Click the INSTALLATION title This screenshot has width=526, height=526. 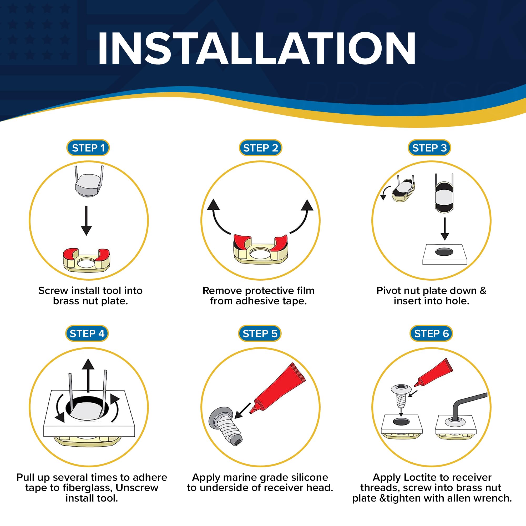[x=256, y=48]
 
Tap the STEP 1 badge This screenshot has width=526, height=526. [x=88, y=148]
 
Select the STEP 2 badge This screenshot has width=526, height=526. [x=261, y=148]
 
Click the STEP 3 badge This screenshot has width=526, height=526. [x=429, y=148]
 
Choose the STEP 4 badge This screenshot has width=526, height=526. [x=87, y=333]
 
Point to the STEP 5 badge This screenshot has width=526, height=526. [x=260, y=333]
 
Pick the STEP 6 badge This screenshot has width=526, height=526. [x=431, y=333]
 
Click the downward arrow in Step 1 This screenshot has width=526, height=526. [x=86, y=221]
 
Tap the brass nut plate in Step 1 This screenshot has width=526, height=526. [x=86, y=260]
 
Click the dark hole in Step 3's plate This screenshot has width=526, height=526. [x=444, y=252]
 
